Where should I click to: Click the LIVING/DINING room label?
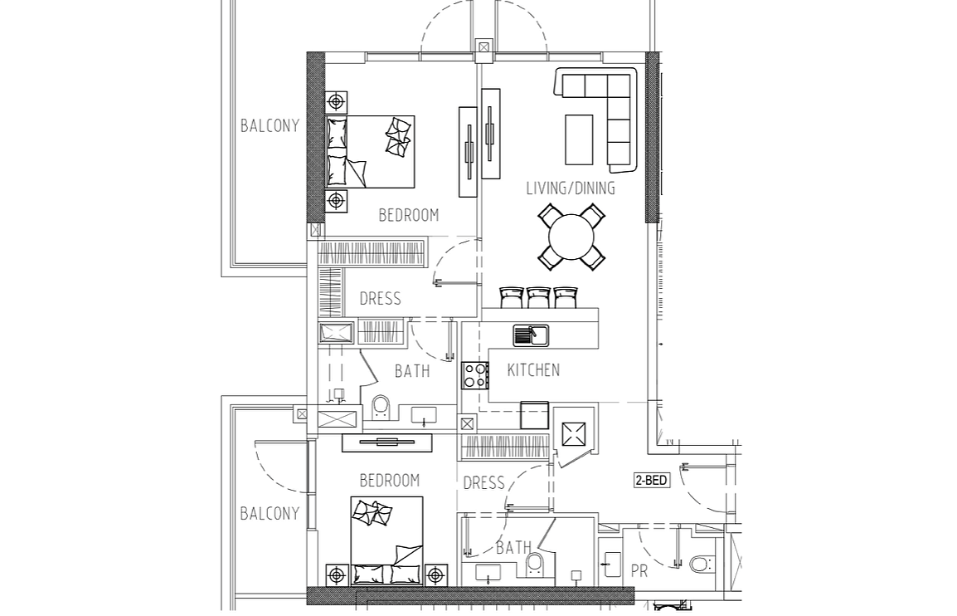click(571, 188)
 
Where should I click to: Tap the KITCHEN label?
click(533, 369)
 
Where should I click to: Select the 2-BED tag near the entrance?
click(652, 481)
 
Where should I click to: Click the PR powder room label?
click(639, 571)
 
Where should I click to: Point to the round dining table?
click(572, 237)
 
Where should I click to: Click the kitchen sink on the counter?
click(531, 335)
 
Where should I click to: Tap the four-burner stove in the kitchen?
click(475, 375)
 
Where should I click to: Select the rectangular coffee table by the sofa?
click(579, 139)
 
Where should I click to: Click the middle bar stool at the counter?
click(539, 297)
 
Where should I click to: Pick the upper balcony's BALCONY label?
click(270, 126)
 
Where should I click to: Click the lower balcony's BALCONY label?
click(270, 513)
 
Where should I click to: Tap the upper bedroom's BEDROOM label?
click(409, 215)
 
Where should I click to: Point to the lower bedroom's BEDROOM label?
click(390, 481)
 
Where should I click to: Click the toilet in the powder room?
click(701, 564)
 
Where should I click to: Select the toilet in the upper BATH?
click(381, 408)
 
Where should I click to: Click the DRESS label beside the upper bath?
click(381, 299)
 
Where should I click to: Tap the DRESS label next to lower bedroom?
click(484, 483)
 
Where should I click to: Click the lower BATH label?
click(514, 548)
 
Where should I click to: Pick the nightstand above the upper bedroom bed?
click(336, 100)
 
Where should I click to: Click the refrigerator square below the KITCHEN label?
click(535, 416)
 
